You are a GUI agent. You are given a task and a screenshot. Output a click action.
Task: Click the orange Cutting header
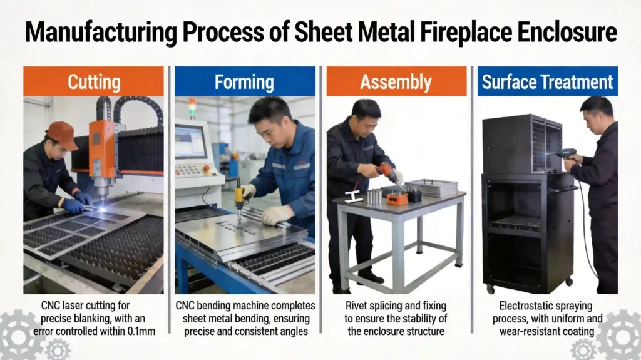[x=93, y=81]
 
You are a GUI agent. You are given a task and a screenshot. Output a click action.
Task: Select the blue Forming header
[x=244, y=81]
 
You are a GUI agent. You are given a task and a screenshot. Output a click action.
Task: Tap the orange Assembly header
[x=396, y=81]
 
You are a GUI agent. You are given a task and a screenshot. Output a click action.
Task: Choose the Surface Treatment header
[x=547, y=81]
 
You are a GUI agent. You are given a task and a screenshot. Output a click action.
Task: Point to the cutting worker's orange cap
[x=62, y=133]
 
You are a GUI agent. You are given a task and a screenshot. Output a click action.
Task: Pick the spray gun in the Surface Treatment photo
[x=566, y=152]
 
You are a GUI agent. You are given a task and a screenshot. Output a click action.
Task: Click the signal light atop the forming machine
[x=192, y=105]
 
